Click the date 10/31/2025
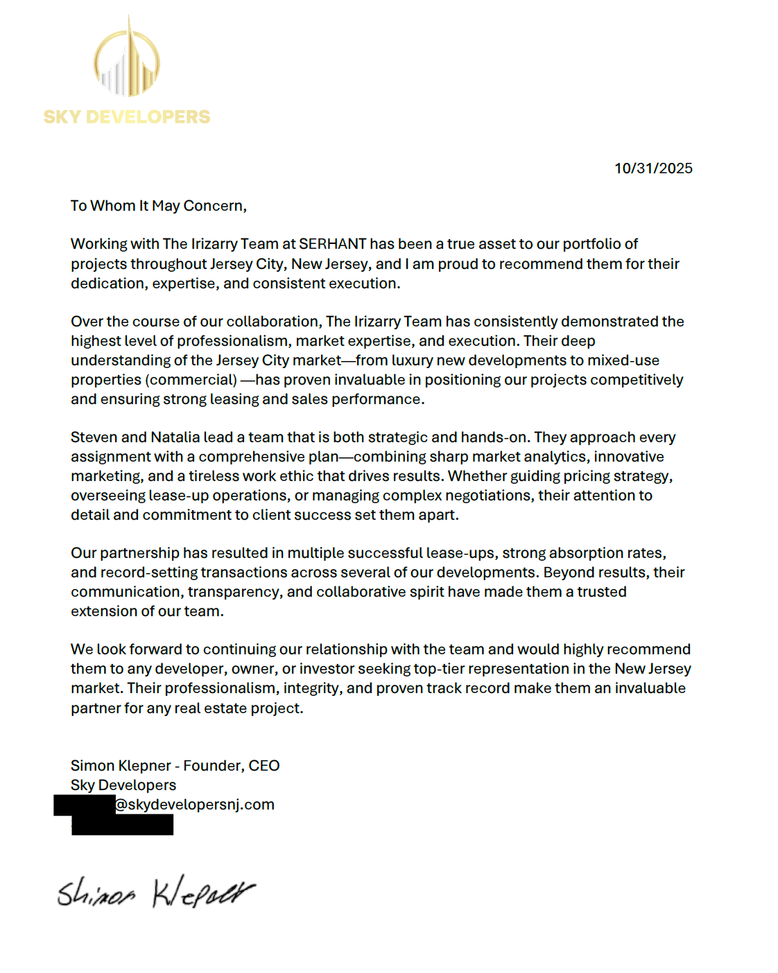tap(653, 168)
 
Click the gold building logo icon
tap(127, 61)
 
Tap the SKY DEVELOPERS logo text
tap(127, 117)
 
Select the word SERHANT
tap(332, 244)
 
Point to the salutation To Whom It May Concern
tap(158, 206)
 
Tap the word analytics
tap(554, 457)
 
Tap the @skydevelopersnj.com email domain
tap(195, 805)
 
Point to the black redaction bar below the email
tap(122, 825)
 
